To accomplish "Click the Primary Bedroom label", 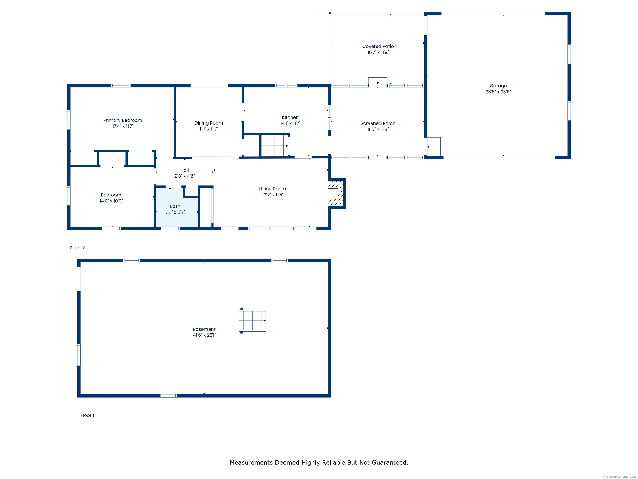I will pyautogui.click(x=123, y=120).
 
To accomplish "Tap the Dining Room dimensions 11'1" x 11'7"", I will pyautogui.click(x=209, y=129).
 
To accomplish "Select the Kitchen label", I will pyautogui.click(x=290, y=117).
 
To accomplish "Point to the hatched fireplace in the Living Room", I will pyautogui.click(x=336, y=193).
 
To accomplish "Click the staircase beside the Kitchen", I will pyautogui.click(x=274, y=146).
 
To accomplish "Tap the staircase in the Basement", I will pyautogui.click(x=252, y=321).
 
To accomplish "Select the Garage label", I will pyautogui.click(x=498, y=86).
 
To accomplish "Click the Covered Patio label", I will pyautogui.click(x=378, y=46).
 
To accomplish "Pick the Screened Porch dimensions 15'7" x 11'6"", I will pyautogui.click(x=378, y=129).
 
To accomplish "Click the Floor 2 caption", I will pyautogui.click(x=77, y=248).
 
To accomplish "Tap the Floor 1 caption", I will pyautogui.click(x=87, y=415).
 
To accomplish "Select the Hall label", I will pyautogui.click(x=185, y=170).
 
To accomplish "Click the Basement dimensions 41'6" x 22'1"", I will pyautogui.click(x=204, y=335).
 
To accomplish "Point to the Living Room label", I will pyautogui.click(x=272, y=189).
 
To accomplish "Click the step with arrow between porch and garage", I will pyautogui.click(x=434, y=146).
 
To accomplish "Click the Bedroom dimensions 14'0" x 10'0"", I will pyautogui.click(x=111, y=201).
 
